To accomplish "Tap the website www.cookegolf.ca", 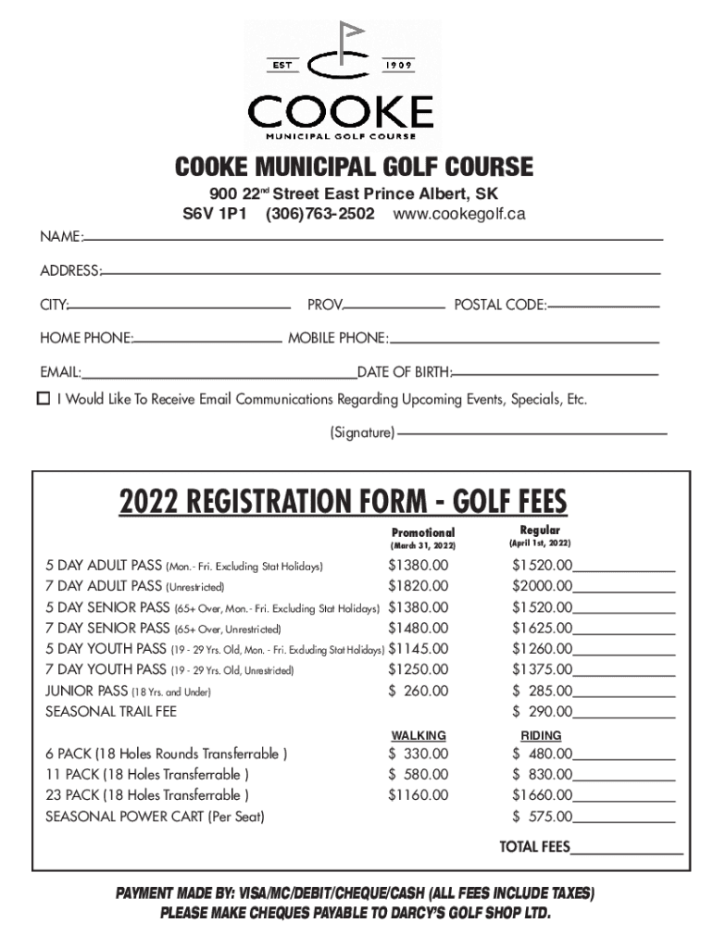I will click(x=459, y=214).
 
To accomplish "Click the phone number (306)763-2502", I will click(x=319, y=214).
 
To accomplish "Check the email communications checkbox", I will click(x=44, y=399).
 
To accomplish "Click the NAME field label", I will click(x=60, y=237).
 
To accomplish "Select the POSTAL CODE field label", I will click(x=499, y=305).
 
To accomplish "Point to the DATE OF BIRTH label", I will click(x=405, y=372).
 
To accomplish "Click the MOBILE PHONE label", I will click(x=337, y=338).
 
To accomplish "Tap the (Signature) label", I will click(x=362, y=432).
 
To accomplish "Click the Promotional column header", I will click(x=423, y=532).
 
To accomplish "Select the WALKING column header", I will click(x=419, y=735).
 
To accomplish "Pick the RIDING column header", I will click(x=541, y=735).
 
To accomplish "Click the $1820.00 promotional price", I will click(x=419, y=586).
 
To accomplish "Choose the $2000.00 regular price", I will click(x=543, y=586).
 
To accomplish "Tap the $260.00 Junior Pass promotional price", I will click(x=419, y=691).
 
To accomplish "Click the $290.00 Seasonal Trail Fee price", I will click(x=543, y=712).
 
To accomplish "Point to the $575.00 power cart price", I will click(x=543, y=817).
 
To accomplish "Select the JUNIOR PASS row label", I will click(x=88, y=691).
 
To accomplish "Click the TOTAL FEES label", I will click(x=535, y=847).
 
